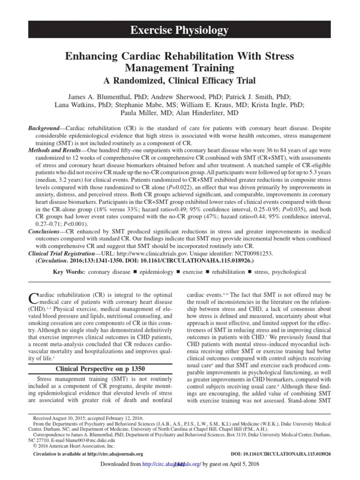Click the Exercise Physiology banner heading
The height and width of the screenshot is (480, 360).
point(180,31)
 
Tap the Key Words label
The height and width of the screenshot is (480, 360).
point(69,271)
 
